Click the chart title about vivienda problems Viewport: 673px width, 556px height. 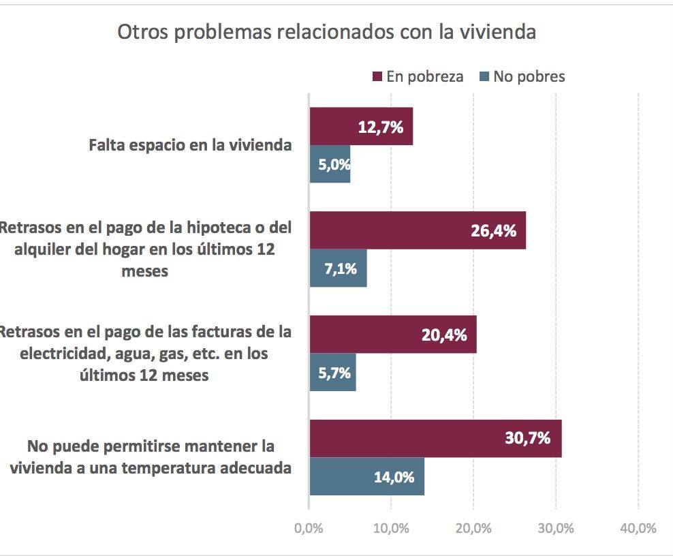point(327,33)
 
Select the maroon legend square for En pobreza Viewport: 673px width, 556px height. point(377,76)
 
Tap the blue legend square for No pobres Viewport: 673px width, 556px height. point(484,76)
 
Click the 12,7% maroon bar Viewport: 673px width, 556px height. point(361,127)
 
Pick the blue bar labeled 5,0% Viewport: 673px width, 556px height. point(330,164)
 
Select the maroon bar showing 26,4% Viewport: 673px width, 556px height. point(418,230)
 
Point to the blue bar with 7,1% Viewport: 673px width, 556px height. point(339,268)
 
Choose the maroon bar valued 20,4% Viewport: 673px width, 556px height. point(393,335)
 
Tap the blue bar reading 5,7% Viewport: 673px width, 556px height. point(333,373)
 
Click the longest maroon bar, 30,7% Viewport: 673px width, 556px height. point(435,439)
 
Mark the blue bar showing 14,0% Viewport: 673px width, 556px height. point(367,476)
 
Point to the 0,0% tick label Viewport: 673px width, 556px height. point(309,529)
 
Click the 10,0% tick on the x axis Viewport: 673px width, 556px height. point(391,529)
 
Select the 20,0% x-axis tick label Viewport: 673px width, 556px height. point(473,529)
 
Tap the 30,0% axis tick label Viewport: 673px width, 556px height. point(556,529)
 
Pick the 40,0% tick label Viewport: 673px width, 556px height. point(638,529)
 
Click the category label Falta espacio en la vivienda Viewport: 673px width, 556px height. point(190,145)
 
